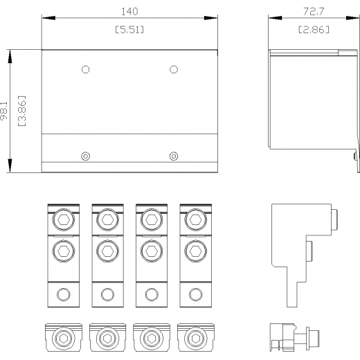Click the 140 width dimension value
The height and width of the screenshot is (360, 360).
(x=129, y=11)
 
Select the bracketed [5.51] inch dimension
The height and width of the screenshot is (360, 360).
(x=129, y=30)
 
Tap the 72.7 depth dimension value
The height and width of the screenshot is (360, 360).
(x=314, y=11)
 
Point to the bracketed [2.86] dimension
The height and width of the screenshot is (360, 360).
(x=314, y=30)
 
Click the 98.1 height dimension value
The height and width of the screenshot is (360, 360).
(x=4, y=111)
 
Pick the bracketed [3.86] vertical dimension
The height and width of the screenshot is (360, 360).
(x=22, y=111)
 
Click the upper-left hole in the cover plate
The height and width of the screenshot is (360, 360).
(x=86, y=69)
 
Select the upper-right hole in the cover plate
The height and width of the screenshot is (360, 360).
(x=174, y=69)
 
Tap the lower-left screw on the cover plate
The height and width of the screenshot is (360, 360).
(x=86, y=156)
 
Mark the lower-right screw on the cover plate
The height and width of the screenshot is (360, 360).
(x=174, y=156)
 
